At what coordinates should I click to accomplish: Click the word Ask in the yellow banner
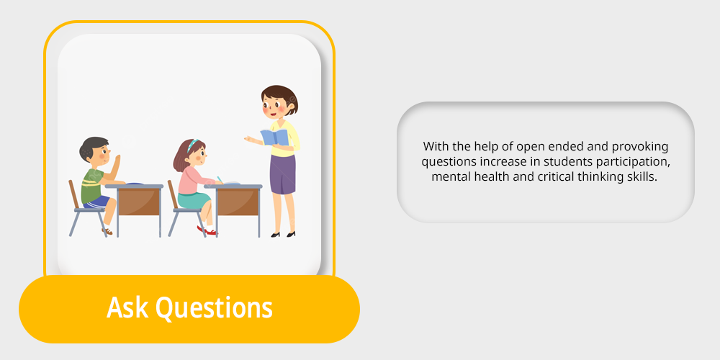point(127,307)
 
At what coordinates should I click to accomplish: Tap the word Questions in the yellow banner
point(214,309)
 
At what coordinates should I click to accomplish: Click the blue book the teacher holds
point(274,138)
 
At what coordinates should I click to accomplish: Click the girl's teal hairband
point(192,145)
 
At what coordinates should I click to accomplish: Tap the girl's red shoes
point(207,230)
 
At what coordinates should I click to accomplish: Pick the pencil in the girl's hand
point(220,179)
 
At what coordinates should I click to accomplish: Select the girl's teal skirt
point(193,200)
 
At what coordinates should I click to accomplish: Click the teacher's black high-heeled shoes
point(283,234)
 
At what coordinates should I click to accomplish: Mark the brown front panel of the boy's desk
point(139,202)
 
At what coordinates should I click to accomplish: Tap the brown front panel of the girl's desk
point(238,202)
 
